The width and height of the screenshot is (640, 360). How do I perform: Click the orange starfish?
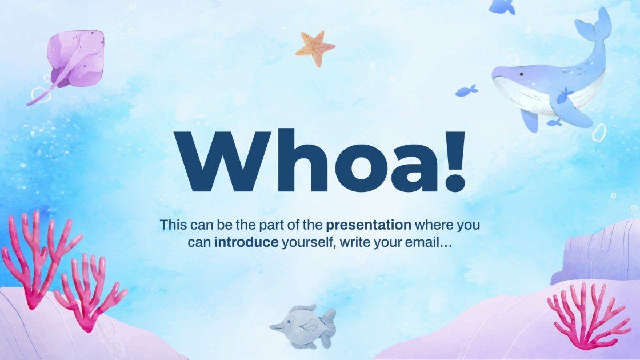tap(315, 48)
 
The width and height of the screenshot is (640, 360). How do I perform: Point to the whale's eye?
tap(521, 74)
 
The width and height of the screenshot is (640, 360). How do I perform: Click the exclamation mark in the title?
tap(454, 161)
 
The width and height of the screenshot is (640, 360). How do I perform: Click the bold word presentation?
tap(369, 225)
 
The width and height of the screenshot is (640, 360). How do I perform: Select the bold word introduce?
tap(246, 242)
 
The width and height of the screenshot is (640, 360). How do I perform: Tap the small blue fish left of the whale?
tap(466, 91)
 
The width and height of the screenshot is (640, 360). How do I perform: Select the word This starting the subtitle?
tap(174, 225)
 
